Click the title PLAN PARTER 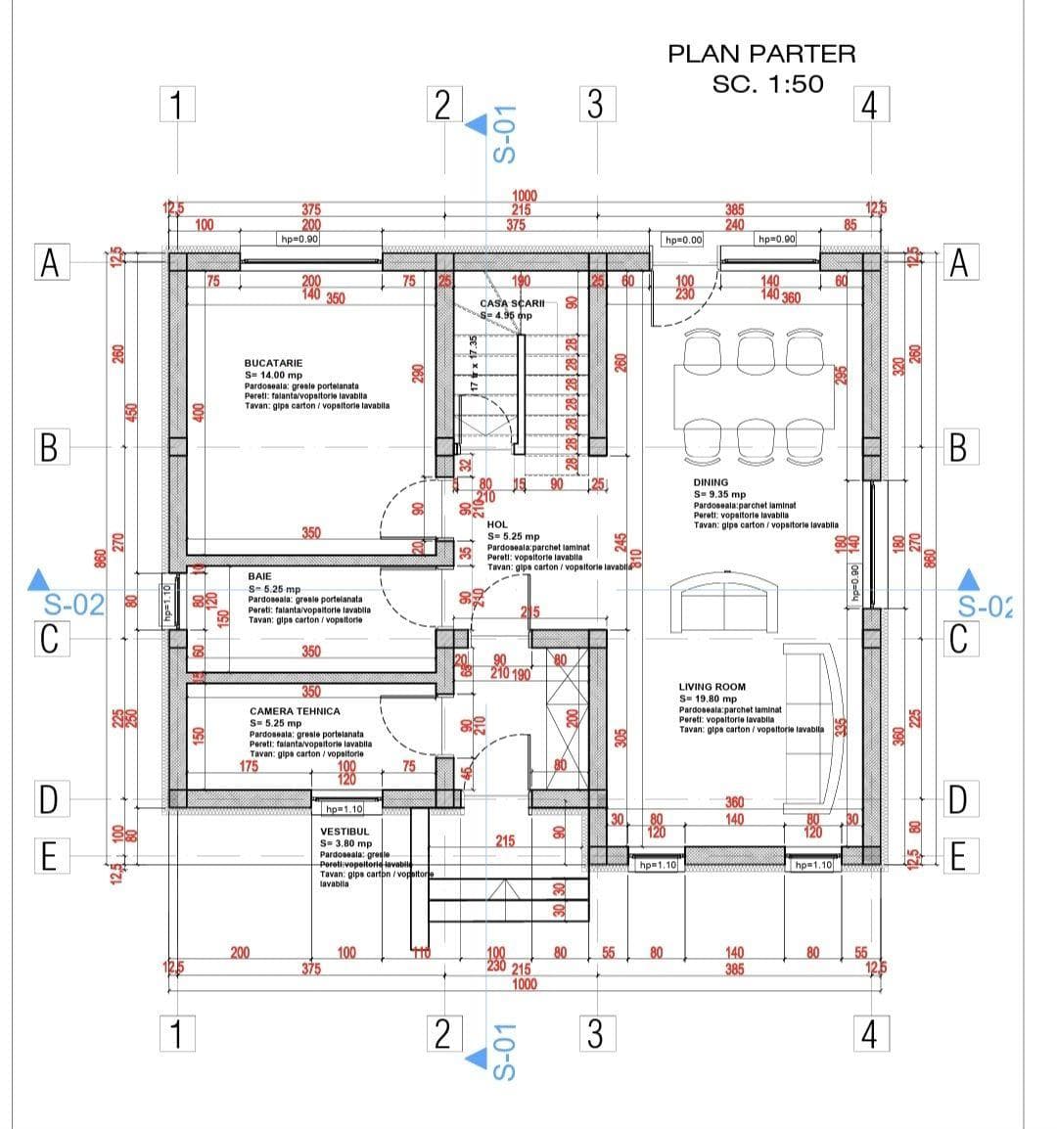pos(761,54)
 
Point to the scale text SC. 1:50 pos(767,84)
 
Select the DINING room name pos(711,482)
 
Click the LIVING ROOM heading pos(712,687)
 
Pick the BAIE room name pos(259,577)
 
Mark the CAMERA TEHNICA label pos(295,711)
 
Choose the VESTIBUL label pos(345,832)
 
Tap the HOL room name pos(497,525)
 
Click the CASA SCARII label pos(512,304)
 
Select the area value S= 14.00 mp pos(273,375)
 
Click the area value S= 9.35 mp pos(719,494)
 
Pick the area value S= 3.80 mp pos(345,843)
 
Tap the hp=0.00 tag pos(683,240)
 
